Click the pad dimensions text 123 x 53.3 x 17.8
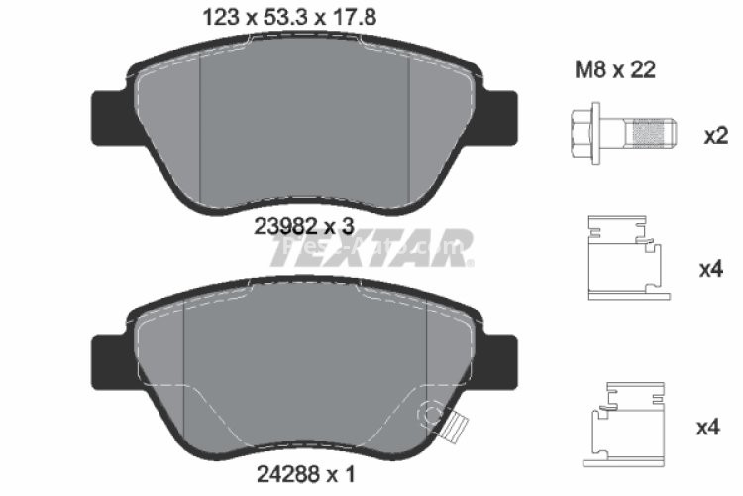click(x=264, y=17)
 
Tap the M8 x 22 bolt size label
click(x=614, y=71)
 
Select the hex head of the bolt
click(x=585, y=131)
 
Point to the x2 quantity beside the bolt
click(x=715, y=136)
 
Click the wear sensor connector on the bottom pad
click(x=455, y=428)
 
